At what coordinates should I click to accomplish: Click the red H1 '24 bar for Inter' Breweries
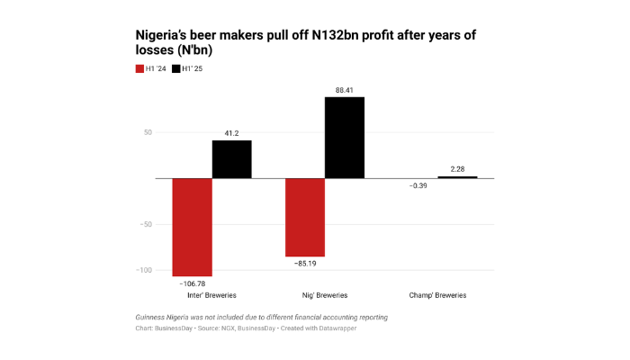tap(192, 227)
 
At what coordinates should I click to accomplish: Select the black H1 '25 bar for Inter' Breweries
tap(231, 159)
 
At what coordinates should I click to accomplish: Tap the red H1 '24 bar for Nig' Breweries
tap(305, 217)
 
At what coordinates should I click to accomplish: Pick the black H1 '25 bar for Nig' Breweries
tap(345, 137)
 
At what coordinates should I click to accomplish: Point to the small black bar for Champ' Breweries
tap(457, 177)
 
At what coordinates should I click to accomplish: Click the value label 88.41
tap(345, 89)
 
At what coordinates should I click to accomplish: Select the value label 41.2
tap(231, 133)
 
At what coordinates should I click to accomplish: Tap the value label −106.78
tap(192, 283)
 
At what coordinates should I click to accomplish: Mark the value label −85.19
tap(305, 264)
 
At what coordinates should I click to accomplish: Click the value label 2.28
tap(457, 168)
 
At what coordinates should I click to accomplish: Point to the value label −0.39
tap(418, 185)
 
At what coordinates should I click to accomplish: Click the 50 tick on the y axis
tap(147, 132)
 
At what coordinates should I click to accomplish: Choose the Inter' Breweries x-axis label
tap(211, 295)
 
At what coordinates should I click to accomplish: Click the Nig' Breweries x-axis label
tap(324, 295)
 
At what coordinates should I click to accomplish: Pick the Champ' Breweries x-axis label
tap(437, 295)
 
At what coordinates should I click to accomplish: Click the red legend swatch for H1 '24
tap(139, 67)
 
